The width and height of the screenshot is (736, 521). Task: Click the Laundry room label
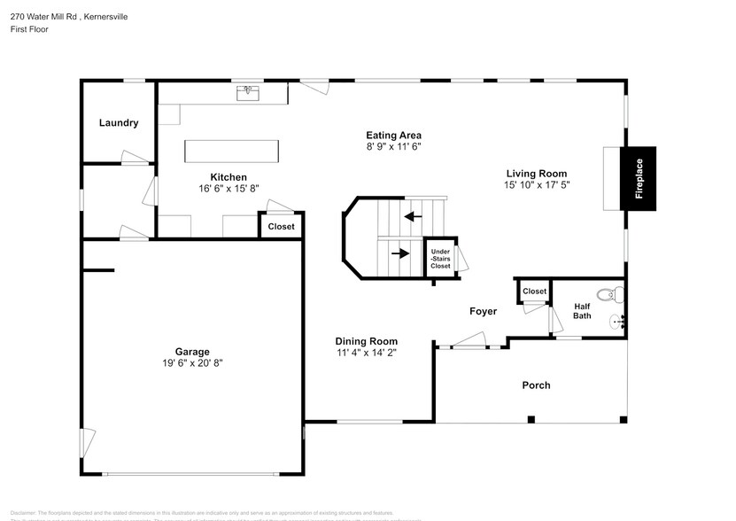tap(119, 123)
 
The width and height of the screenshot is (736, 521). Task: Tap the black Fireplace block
tap(638, 178)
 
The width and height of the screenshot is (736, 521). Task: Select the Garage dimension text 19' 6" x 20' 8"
tap(192, 363)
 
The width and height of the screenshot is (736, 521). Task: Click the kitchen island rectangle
tap(232, 151)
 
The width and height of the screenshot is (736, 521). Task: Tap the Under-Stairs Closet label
tap(440, 259)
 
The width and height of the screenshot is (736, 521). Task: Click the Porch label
tap(536, 385)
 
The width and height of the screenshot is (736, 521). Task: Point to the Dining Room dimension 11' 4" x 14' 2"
tap(366, 353)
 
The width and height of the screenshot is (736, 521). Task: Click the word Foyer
tap(483, 311)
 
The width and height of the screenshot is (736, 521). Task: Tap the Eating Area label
tap(393, 135)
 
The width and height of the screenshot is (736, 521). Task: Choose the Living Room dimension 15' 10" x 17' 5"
tap(537, 185)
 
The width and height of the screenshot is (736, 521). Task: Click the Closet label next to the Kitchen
tap(281, 227)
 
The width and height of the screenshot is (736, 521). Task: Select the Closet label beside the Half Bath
tap(534, 292)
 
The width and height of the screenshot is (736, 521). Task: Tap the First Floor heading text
tap(30, 29)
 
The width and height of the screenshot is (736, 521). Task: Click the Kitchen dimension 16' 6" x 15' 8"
tap(229, 189)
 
